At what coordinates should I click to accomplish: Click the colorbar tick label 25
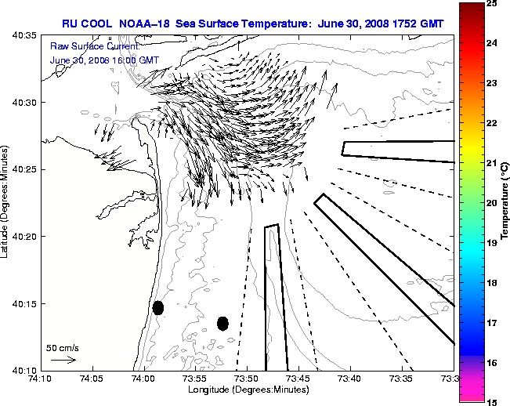pos(491,4)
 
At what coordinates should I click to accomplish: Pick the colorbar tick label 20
pos(491,203)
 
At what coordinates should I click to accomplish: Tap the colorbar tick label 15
pos(491,401)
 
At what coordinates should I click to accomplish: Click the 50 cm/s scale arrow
pos(63,360)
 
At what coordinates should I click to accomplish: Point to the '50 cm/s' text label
pos(63,347)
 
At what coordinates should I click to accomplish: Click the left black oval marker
pos(157,307)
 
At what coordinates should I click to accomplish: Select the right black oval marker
pos(222,323)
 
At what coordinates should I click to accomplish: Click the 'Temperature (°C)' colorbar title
pos(505,202)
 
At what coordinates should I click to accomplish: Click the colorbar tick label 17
pos(491,322)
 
